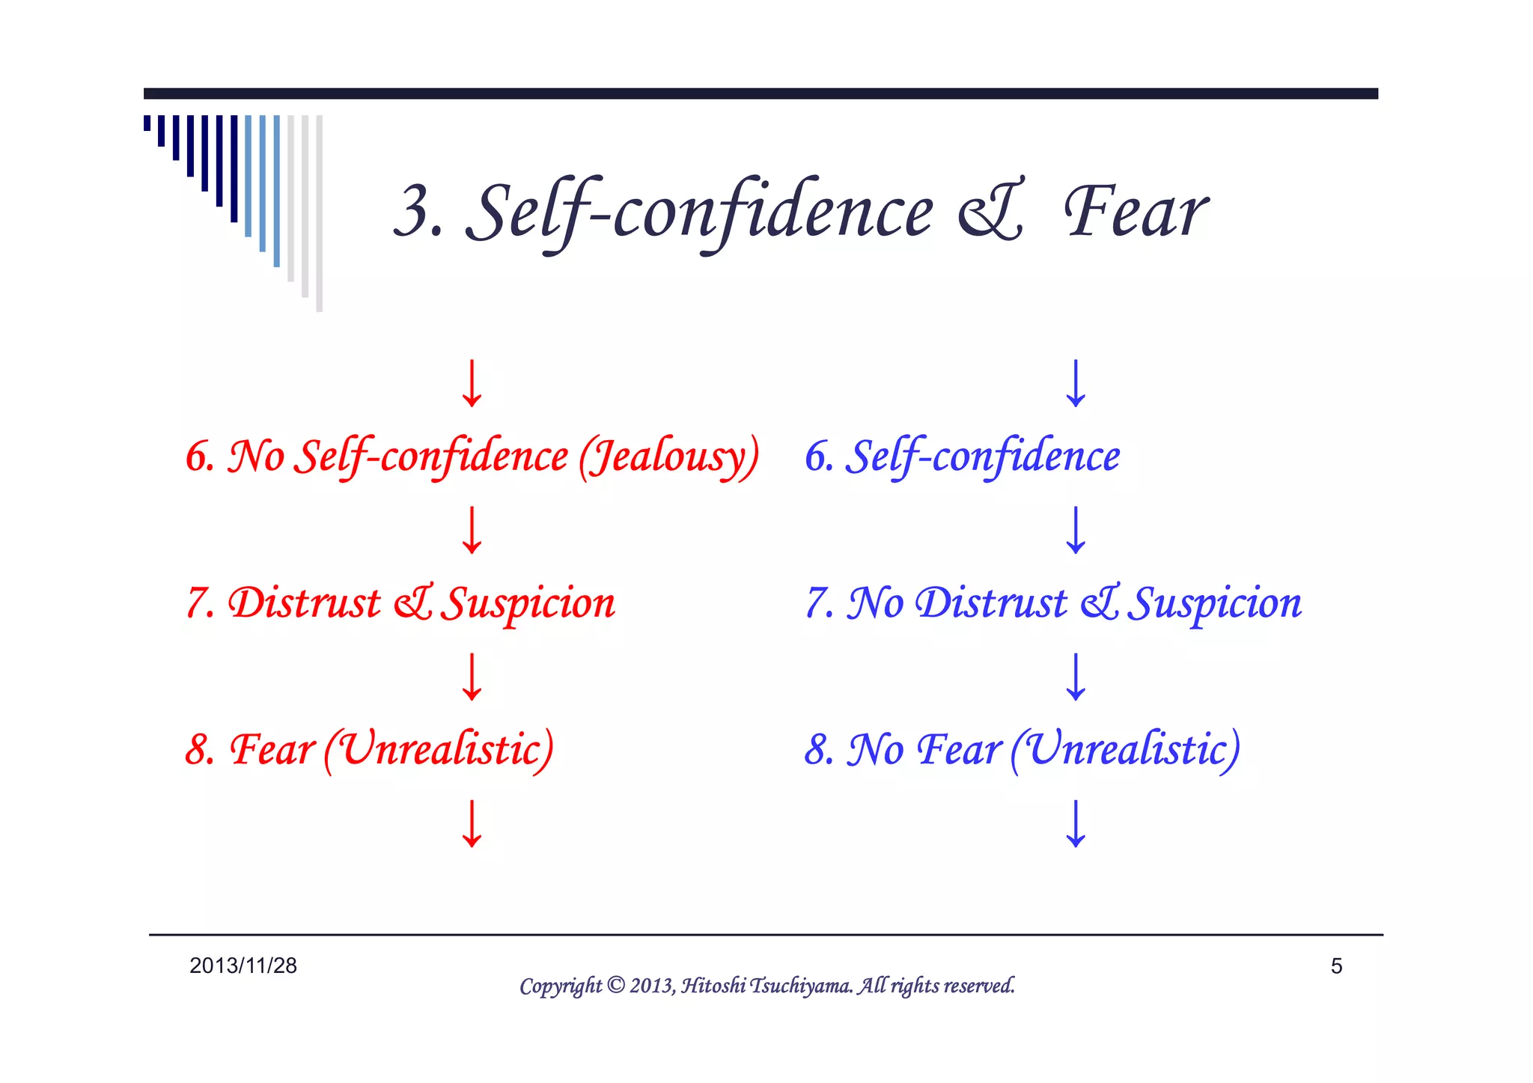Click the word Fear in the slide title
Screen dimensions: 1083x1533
pyautogui.click(x=1136, y=213)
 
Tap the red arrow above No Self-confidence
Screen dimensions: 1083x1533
pyautogui.click(x=472, y=383)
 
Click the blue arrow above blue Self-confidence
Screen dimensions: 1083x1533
pyautogui.click(x=1076, y=383)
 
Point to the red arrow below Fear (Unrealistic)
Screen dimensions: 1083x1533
pyautogui.click(x=472, y=823)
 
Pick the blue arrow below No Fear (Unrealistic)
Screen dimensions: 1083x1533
pyautogui.click(x=1076, y=823)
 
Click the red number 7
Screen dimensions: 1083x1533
pyautogui.click(x=198, y=603)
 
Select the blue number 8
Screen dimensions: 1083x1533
pyautogui.click(x=817, y=749)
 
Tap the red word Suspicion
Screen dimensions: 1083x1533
pyautogui.click(x=528, y=603)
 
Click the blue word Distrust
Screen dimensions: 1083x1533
pyautogui.click(x=992, y=603)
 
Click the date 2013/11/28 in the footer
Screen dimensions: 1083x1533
pyautogui.click(x=243, y=965)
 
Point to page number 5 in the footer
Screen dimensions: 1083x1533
pyautogui.click(x=1336, y=966)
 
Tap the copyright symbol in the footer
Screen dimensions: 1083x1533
pyautogui.click(x=615, y=985)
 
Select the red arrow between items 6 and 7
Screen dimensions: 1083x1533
pyautogui.click(x=472, y=530)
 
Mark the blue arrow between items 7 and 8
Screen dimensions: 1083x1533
pyautogui.click(x=1076, y=677)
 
